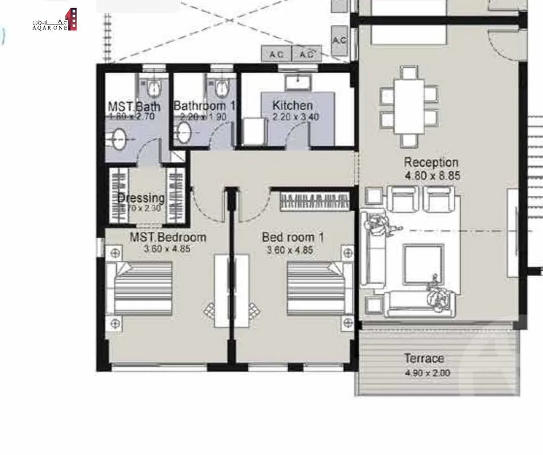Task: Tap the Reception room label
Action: tap(431, 162)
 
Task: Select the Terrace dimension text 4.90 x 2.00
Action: tap(427, 374)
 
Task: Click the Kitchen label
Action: tap(293, 106)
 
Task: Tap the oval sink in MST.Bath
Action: tap(119, 139)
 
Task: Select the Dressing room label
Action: tap(141, 198)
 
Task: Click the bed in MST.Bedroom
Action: tap(143, 288)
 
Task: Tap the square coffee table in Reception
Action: tap(423, 264)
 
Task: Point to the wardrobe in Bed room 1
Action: tap(315, 200)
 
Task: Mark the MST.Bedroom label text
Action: tap(168, 237)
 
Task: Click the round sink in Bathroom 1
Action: tap(183, 133)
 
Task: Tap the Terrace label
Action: tap(424, 358)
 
